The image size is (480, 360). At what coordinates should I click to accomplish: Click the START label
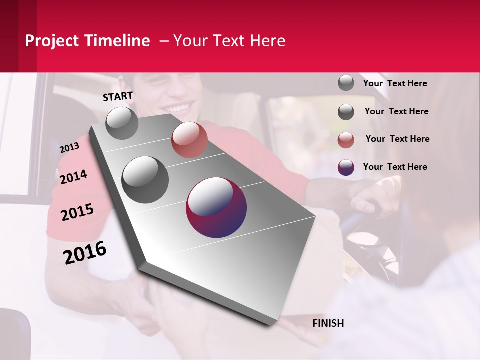[118, 96]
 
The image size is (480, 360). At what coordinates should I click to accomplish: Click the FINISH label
[328, 323]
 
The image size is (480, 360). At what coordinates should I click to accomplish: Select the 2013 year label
[69, 147]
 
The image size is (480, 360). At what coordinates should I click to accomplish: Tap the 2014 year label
[73, 177]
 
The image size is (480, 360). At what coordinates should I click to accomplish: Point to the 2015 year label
[77, 212]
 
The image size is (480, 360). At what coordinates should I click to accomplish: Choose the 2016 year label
[85, 252]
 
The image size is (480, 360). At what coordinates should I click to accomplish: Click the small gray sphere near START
[122, 123]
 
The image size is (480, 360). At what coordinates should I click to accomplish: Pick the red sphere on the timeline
[189, 140]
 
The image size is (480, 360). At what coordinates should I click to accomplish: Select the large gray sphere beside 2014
[145, 179]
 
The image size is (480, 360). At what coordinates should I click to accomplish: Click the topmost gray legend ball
[346, 83]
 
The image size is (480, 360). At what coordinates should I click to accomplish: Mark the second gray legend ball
[346, 112]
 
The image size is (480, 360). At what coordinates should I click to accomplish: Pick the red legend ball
[346, 140]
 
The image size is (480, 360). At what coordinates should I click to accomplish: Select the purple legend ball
[346, 167]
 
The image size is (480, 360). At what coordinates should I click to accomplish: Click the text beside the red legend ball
[397, 139]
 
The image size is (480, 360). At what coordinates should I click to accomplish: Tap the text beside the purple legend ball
[395, 167]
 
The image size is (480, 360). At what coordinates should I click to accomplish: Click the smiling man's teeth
[178, 107]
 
